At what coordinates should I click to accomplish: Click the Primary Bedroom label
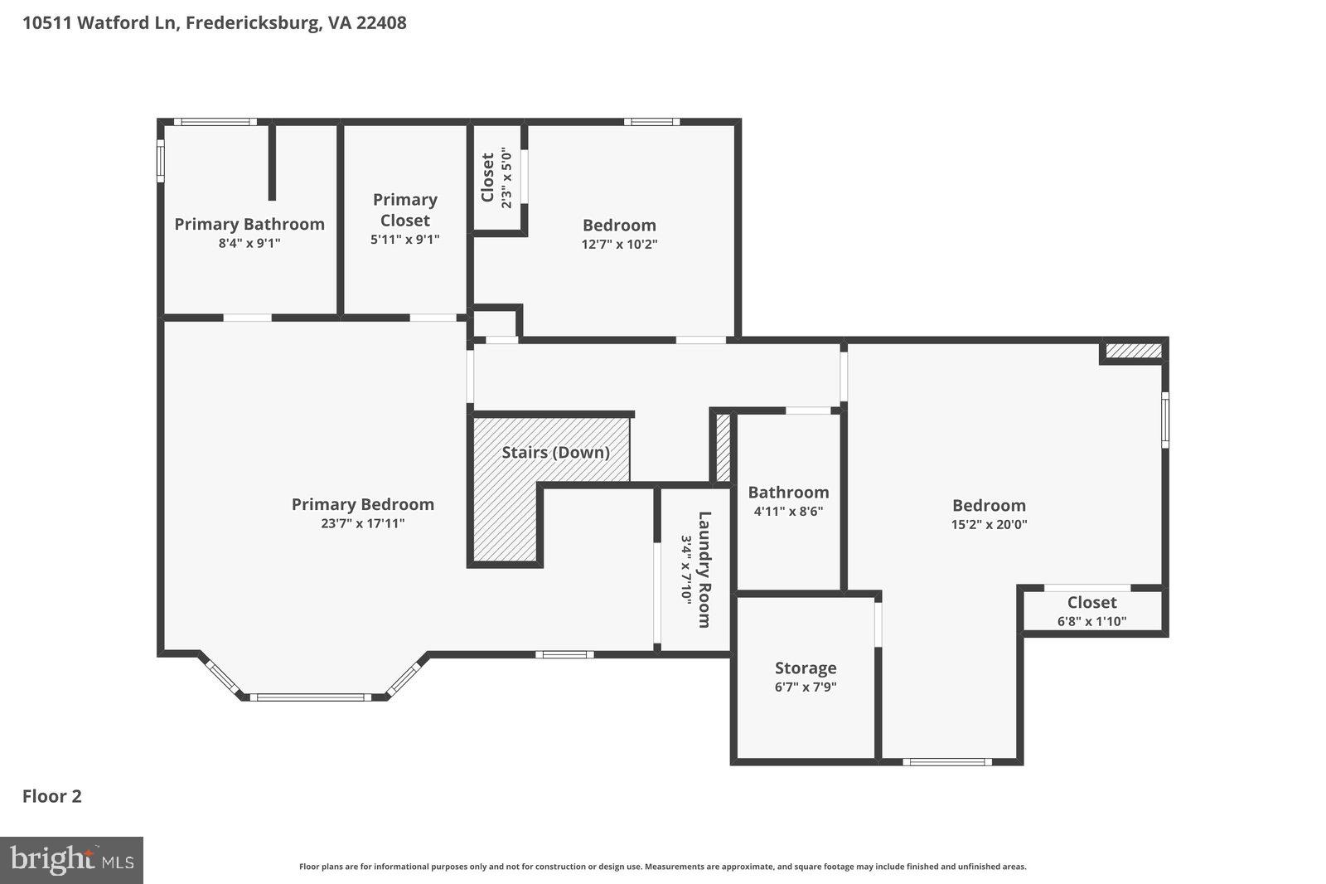(362, 504)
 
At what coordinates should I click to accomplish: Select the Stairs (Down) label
(555, 452)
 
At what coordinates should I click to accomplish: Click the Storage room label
(806, 668)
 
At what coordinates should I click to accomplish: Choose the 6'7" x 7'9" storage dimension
(806, 687)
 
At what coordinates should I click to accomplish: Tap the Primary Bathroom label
(249, 224)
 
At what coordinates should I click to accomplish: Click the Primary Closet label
(404, 210)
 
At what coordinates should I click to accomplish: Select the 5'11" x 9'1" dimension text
(404, 240)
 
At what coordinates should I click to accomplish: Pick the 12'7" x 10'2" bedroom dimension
(619, 244)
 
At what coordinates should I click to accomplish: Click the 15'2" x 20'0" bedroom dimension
(989, 524)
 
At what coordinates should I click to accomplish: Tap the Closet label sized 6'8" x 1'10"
(1091, 603)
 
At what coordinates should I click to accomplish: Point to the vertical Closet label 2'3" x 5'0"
(487, 177)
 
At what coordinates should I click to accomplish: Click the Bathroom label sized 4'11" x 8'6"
(788, 493)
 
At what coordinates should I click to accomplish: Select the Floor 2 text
(51, 796)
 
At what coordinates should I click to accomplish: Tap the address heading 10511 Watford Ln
(214, 22)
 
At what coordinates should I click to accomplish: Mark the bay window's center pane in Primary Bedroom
(311, 697)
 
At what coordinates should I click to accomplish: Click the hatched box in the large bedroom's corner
(1134, 351)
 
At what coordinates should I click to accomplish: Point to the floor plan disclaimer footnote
(662, 867)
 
